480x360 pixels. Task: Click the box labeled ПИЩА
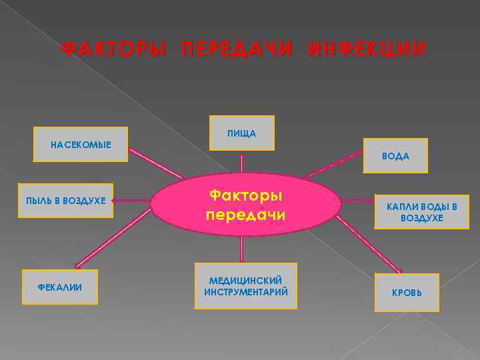(241, 134)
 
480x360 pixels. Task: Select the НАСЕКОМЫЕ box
(81, 145)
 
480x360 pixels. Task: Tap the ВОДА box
(395, 156)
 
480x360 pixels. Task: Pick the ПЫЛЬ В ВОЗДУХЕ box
(66, 200)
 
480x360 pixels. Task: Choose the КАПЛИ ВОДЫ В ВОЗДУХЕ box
(421, 211)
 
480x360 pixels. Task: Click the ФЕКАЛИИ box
(60, 287)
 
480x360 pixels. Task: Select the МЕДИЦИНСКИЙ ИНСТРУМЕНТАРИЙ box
(245, 286)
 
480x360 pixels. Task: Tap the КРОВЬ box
(407, 293)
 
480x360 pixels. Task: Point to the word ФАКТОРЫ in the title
(113, 50)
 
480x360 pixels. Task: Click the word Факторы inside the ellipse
(245, 196)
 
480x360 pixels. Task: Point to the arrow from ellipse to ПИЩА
(241, 163)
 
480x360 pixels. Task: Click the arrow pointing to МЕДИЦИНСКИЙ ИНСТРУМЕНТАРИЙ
(241, 249)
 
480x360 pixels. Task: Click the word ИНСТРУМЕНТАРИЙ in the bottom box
(245, 293)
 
